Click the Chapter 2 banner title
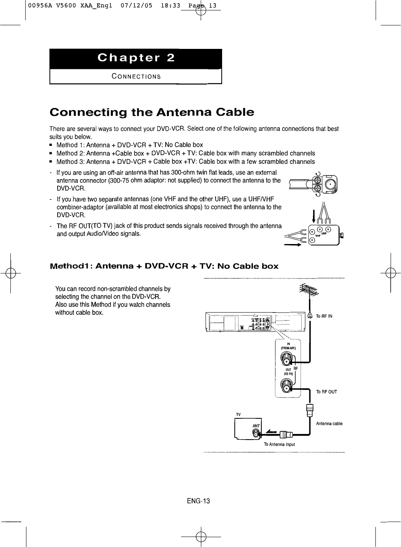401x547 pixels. point(136,58)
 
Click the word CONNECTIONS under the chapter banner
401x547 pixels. point(136,77)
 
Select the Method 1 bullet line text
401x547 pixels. point(130,145)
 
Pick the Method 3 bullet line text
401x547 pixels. point(185,161)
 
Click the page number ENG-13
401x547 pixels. point(198,501)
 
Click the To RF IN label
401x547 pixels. point(324,316)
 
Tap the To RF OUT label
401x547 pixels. point(327,392)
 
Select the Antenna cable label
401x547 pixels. point(329,424)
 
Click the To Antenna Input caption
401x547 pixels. point(279,444)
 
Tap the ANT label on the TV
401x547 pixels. point(256,426)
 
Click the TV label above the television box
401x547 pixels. point(238,414)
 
